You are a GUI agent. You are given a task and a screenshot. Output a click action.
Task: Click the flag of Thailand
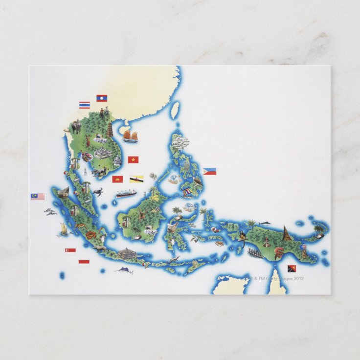[x=85, y=105]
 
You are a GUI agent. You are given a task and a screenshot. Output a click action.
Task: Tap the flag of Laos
[x=102, y=98]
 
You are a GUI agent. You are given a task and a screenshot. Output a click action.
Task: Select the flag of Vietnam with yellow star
[x=133, y=159]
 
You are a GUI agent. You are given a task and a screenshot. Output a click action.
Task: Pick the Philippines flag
[x=210, y=172]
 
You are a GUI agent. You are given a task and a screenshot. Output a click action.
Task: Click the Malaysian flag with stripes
[x=38, y=197]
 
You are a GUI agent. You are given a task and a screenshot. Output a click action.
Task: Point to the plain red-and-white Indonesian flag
[x=84, y=263]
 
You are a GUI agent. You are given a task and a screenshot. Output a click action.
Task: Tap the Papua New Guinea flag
[x=292, y=269]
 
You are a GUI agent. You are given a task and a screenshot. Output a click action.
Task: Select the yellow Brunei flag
[x=136, y=179]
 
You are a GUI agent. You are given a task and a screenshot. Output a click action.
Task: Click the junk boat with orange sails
[x=130, y=135]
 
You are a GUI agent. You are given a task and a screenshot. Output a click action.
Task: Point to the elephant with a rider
[x=76, y=127]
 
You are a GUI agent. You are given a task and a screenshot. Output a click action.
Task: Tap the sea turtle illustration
[x=98, y=191]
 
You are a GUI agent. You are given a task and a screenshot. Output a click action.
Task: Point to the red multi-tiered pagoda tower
[x=110, y=130]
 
